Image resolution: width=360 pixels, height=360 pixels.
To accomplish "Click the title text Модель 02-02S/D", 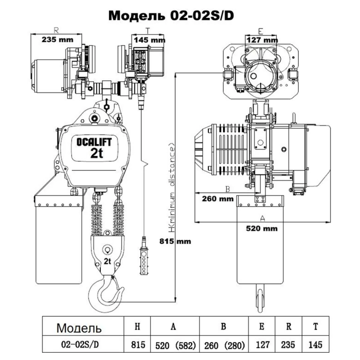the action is (x=171, y=16).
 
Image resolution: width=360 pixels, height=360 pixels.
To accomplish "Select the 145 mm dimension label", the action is (x=150, y=40).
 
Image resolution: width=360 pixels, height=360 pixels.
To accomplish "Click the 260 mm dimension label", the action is (x=218, y=199).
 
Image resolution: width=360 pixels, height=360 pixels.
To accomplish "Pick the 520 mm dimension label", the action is (x=262, y=228).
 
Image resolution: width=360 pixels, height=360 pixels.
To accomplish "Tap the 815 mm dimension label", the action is (x=175, y=241).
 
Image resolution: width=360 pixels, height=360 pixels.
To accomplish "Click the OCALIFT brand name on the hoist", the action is (x=94, y=142).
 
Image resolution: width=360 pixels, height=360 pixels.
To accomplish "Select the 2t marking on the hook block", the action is (x=107, y=261).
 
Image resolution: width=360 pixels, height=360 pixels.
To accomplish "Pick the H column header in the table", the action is (x=137, y=327).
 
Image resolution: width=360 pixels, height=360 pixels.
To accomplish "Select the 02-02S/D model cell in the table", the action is (x=80, y=345).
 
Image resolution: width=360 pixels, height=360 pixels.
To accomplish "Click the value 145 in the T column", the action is (x=315, y=345).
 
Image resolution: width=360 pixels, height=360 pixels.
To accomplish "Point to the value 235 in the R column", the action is (x=288, y=345).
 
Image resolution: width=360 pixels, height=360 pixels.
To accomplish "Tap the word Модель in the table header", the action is (x=79, y=328).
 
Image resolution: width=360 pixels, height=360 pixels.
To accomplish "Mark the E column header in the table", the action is (x=262, y=327).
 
